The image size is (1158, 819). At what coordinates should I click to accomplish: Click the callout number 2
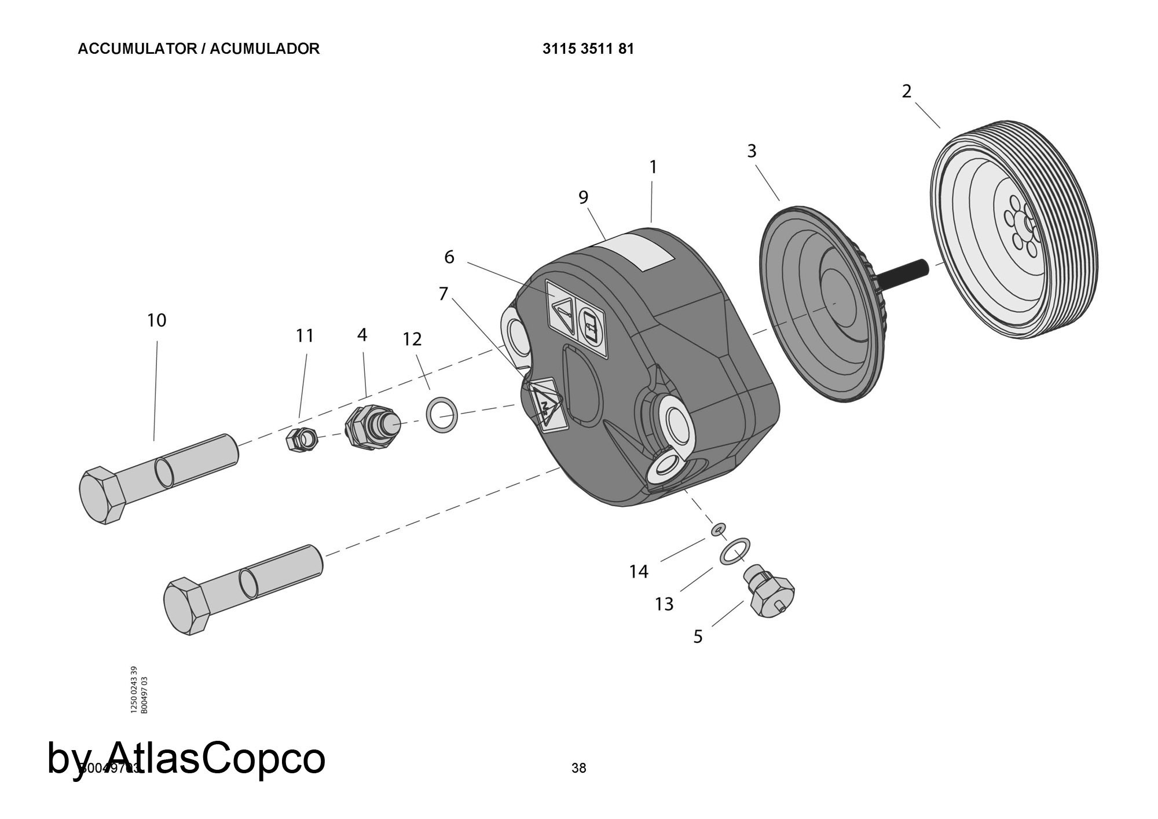coord(906,92)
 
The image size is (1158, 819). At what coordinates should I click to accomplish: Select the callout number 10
coord(156,320)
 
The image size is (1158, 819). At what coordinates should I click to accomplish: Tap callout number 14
coord(639,572)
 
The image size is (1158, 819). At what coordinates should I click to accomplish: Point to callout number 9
coord(583,198)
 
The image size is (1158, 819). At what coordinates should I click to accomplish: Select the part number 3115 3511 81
coord(588,49)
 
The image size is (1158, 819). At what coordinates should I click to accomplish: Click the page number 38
coord(578,768)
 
